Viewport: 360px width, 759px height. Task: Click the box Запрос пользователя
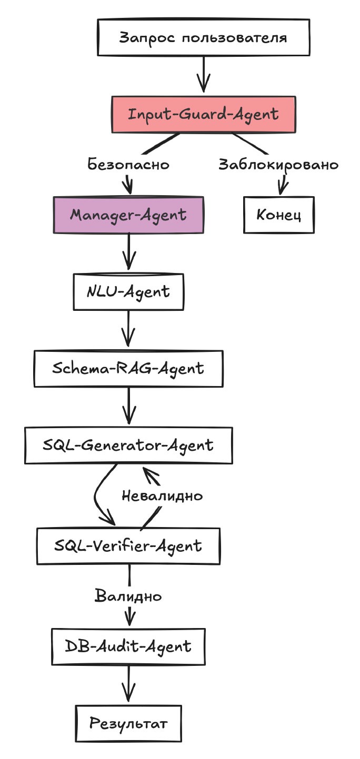click(x=203, y=38)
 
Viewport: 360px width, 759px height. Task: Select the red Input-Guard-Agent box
click(x=203, y=114)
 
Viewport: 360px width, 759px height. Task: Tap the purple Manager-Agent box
click(x=128, y=215)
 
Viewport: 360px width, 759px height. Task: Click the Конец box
click(x=278, y=215)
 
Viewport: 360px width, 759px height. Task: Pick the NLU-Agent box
click(x=128, y=291)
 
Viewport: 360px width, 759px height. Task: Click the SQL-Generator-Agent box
click(x=128, y=445)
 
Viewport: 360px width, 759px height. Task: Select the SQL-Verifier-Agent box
click(x=128, y=545)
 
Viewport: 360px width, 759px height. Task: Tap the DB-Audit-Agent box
click(x=128, y=645)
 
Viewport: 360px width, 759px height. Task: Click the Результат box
click(x=128, y=723)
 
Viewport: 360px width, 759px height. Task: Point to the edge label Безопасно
click(x=128, y=165)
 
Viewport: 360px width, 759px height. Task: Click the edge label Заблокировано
click(x=278, y=165)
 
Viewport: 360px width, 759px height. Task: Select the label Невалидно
click(x=162, y=495)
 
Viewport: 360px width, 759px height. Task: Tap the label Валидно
click(x=128, y=596)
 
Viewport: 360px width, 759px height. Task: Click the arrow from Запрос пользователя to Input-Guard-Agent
click(x=203, y=75)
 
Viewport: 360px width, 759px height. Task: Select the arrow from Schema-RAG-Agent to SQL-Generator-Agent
click(x=128, y=406)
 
